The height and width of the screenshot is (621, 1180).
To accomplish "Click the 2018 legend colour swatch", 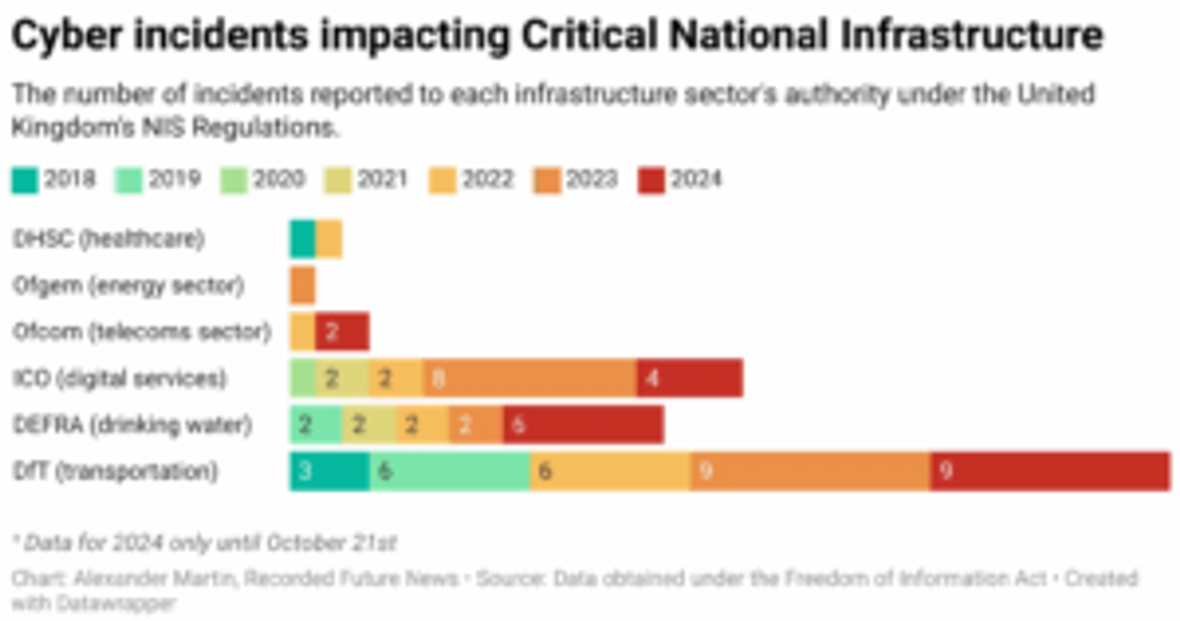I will coord(25,181).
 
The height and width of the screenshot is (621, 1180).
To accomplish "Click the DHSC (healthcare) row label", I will coord(109,239).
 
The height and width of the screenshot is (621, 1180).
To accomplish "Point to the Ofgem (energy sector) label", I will coord(128,286).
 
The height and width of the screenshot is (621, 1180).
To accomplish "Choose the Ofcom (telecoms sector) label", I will coord(142,332).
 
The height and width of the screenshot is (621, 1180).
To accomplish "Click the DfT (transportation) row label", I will coord(116,472).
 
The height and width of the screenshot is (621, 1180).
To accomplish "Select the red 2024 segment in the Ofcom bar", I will coord(342,332).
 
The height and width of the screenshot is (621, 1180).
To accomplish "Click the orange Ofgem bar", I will coord(302,286).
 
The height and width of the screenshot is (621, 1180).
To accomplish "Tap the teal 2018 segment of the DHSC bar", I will coord(302,239).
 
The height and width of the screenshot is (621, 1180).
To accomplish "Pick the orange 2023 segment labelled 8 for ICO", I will coord(529,378).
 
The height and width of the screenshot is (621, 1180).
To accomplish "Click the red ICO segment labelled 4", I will coord(690,378).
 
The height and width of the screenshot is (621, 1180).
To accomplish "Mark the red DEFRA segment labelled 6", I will coord(583,425).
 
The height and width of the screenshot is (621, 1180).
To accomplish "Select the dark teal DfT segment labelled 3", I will coord(329,472).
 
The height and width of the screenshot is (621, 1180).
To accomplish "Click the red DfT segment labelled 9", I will coord(1050,472).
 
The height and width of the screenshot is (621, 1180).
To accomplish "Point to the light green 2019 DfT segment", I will coord(449,472).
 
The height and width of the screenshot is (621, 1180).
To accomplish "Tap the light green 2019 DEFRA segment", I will coord(316,425).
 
